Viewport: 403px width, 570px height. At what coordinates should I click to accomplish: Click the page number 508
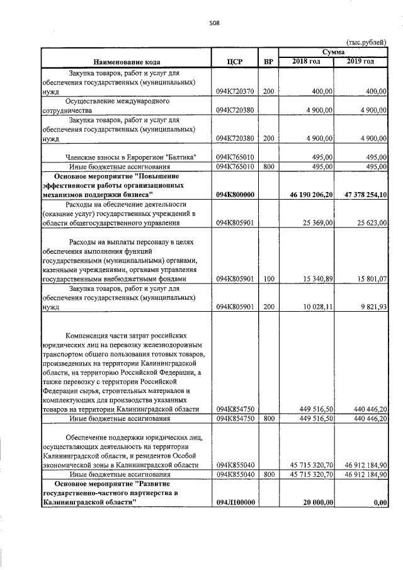pos(214,25)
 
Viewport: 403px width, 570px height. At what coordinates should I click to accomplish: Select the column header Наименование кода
pos(127,62)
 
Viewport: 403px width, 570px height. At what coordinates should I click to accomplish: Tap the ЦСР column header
pos(234,62)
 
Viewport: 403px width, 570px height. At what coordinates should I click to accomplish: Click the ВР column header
pos(268,62)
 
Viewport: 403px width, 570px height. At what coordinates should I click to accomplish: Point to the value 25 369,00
pos(318,222)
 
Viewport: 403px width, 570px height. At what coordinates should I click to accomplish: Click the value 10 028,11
pos(318,307)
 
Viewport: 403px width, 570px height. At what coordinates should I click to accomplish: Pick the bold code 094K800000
pos(234,196)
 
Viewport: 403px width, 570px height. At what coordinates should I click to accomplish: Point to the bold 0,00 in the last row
pos(379,503)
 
